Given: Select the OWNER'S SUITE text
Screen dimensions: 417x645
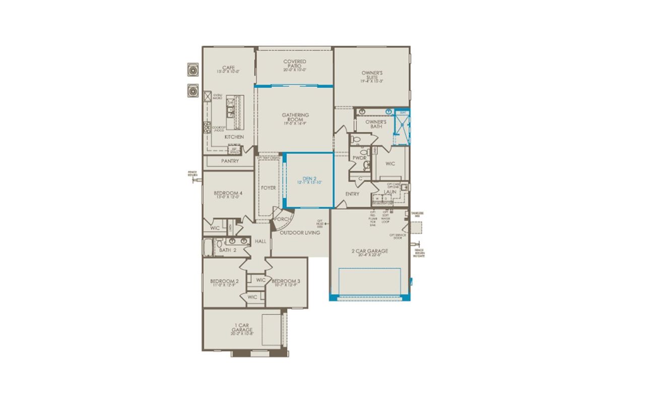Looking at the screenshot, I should point(372,75).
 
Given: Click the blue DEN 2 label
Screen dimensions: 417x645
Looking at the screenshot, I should point(309,178).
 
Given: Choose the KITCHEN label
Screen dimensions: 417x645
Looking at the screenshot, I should point(234,137).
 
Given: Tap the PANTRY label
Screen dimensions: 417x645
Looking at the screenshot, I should point(229,161).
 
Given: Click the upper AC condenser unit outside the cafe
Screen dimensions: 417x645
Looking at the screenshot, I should point(192,70).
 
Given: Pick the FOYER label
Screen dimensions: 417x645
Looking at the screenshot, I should point(268,188).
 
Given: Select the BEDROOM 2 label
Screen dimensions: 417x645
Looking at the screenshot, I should point(224,281).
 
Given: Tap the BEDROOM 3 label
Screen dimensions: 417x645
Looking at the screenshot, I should point(286,281).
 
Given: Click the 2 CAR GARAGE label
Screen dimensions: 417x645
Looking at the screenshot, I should point(370,251).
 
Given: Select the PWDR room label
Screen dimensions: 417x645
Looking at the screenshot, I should point(359,158).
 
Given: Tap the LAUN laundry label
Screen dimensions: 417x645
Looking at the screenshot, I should point(390,192).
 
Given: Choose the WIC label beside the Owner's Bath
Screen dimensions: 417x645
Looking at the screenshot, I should point(390,163).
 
